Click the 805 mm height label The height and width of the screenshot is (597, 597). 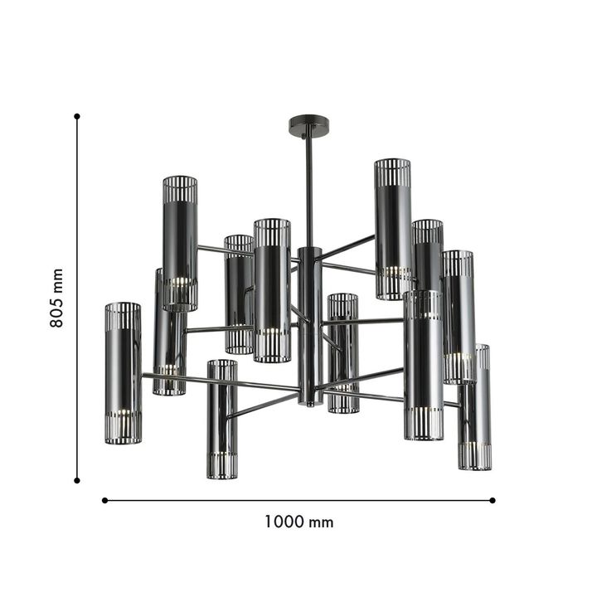[x=56, y=298]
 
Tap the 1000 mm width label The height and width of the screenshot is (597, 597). [x=298, y=522]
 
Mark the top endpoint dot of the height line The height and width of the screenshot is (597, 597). [x=77, y=117]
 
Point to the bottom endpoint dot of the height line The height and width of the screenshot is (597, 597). [x=77, y=479]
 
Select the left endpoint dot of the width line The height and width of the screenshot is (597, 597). [x=104, y=500]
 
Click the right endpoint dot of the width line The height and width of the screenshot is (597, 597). [x=493, y=500]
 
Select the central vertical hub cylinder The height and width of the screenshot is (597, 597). [x=309, y=323]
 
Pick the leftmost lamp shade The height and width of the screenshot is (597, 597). [x=123, y=373]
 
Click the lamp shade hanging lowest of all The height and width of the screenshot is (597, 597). [x=221, y=419]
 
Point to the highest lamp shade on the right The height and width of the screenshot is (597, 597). [x=392, y=229]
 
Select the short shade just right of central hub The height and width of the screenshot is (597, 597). [x=342, y=352]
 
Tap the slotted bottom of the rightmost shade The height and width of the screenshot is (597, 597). [x=475, y=456]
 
